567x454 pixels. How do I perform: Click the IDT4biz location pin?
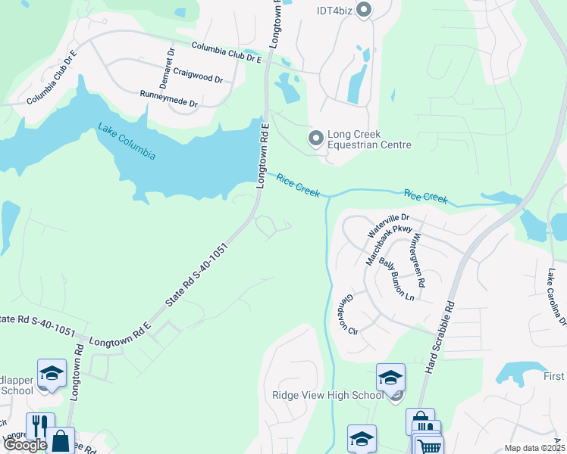point(363,10)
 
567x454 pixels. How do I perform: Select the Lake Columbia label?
point(127,141)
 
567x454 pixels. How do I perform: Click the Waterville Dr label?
point(383,225)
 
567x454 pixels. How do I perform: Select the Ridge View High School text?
point(328,395)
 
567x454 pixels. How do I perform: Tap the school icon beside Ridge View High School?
point(390,377)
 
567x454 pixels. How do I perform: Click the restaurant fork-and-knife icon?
point(40,426)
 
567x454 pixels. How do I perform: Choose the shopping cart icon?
point(429,446)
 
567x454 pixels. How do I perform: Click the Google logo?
point(25,446)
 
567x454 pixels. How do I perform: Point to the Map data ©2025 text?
point(534,448)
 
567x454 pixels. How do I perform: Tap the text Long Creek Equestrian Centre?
point(370,139)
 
